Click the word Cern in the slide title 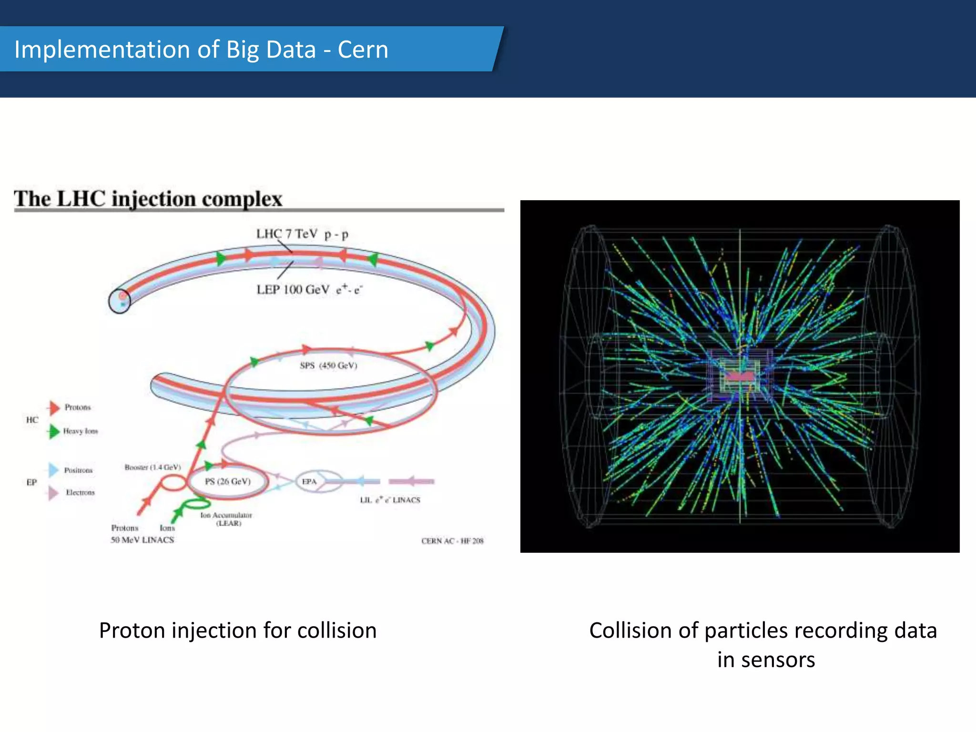(x=363, y=50)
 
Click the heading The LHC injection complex (x=148, y=199)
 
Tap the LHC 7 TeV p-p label (x=302, y=234)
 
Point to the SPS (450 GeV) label (x=328, y=366)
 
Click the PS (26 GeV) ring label (x=227, y=481)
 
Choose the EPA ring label (x=309, y=481)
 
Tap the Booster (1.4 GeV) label (x=152, y=467)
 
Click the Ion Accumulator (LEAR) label (x=226, y=519)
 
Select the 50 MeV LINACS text (x=142, y=539)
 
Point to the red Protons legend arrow (x=53, y=407)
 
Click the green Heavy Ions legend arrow (x=53, y=431)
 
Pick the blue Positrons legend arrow (x=53, y=470)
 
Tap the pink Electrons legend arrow (x=53, y=493)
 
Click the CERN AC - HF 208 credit (x=452, y=541)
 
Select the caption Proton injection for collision (x=237, y=630)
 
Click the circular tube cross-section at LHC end (x=120, y=301)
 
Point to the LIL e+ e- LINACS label (x=390, y=500)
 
